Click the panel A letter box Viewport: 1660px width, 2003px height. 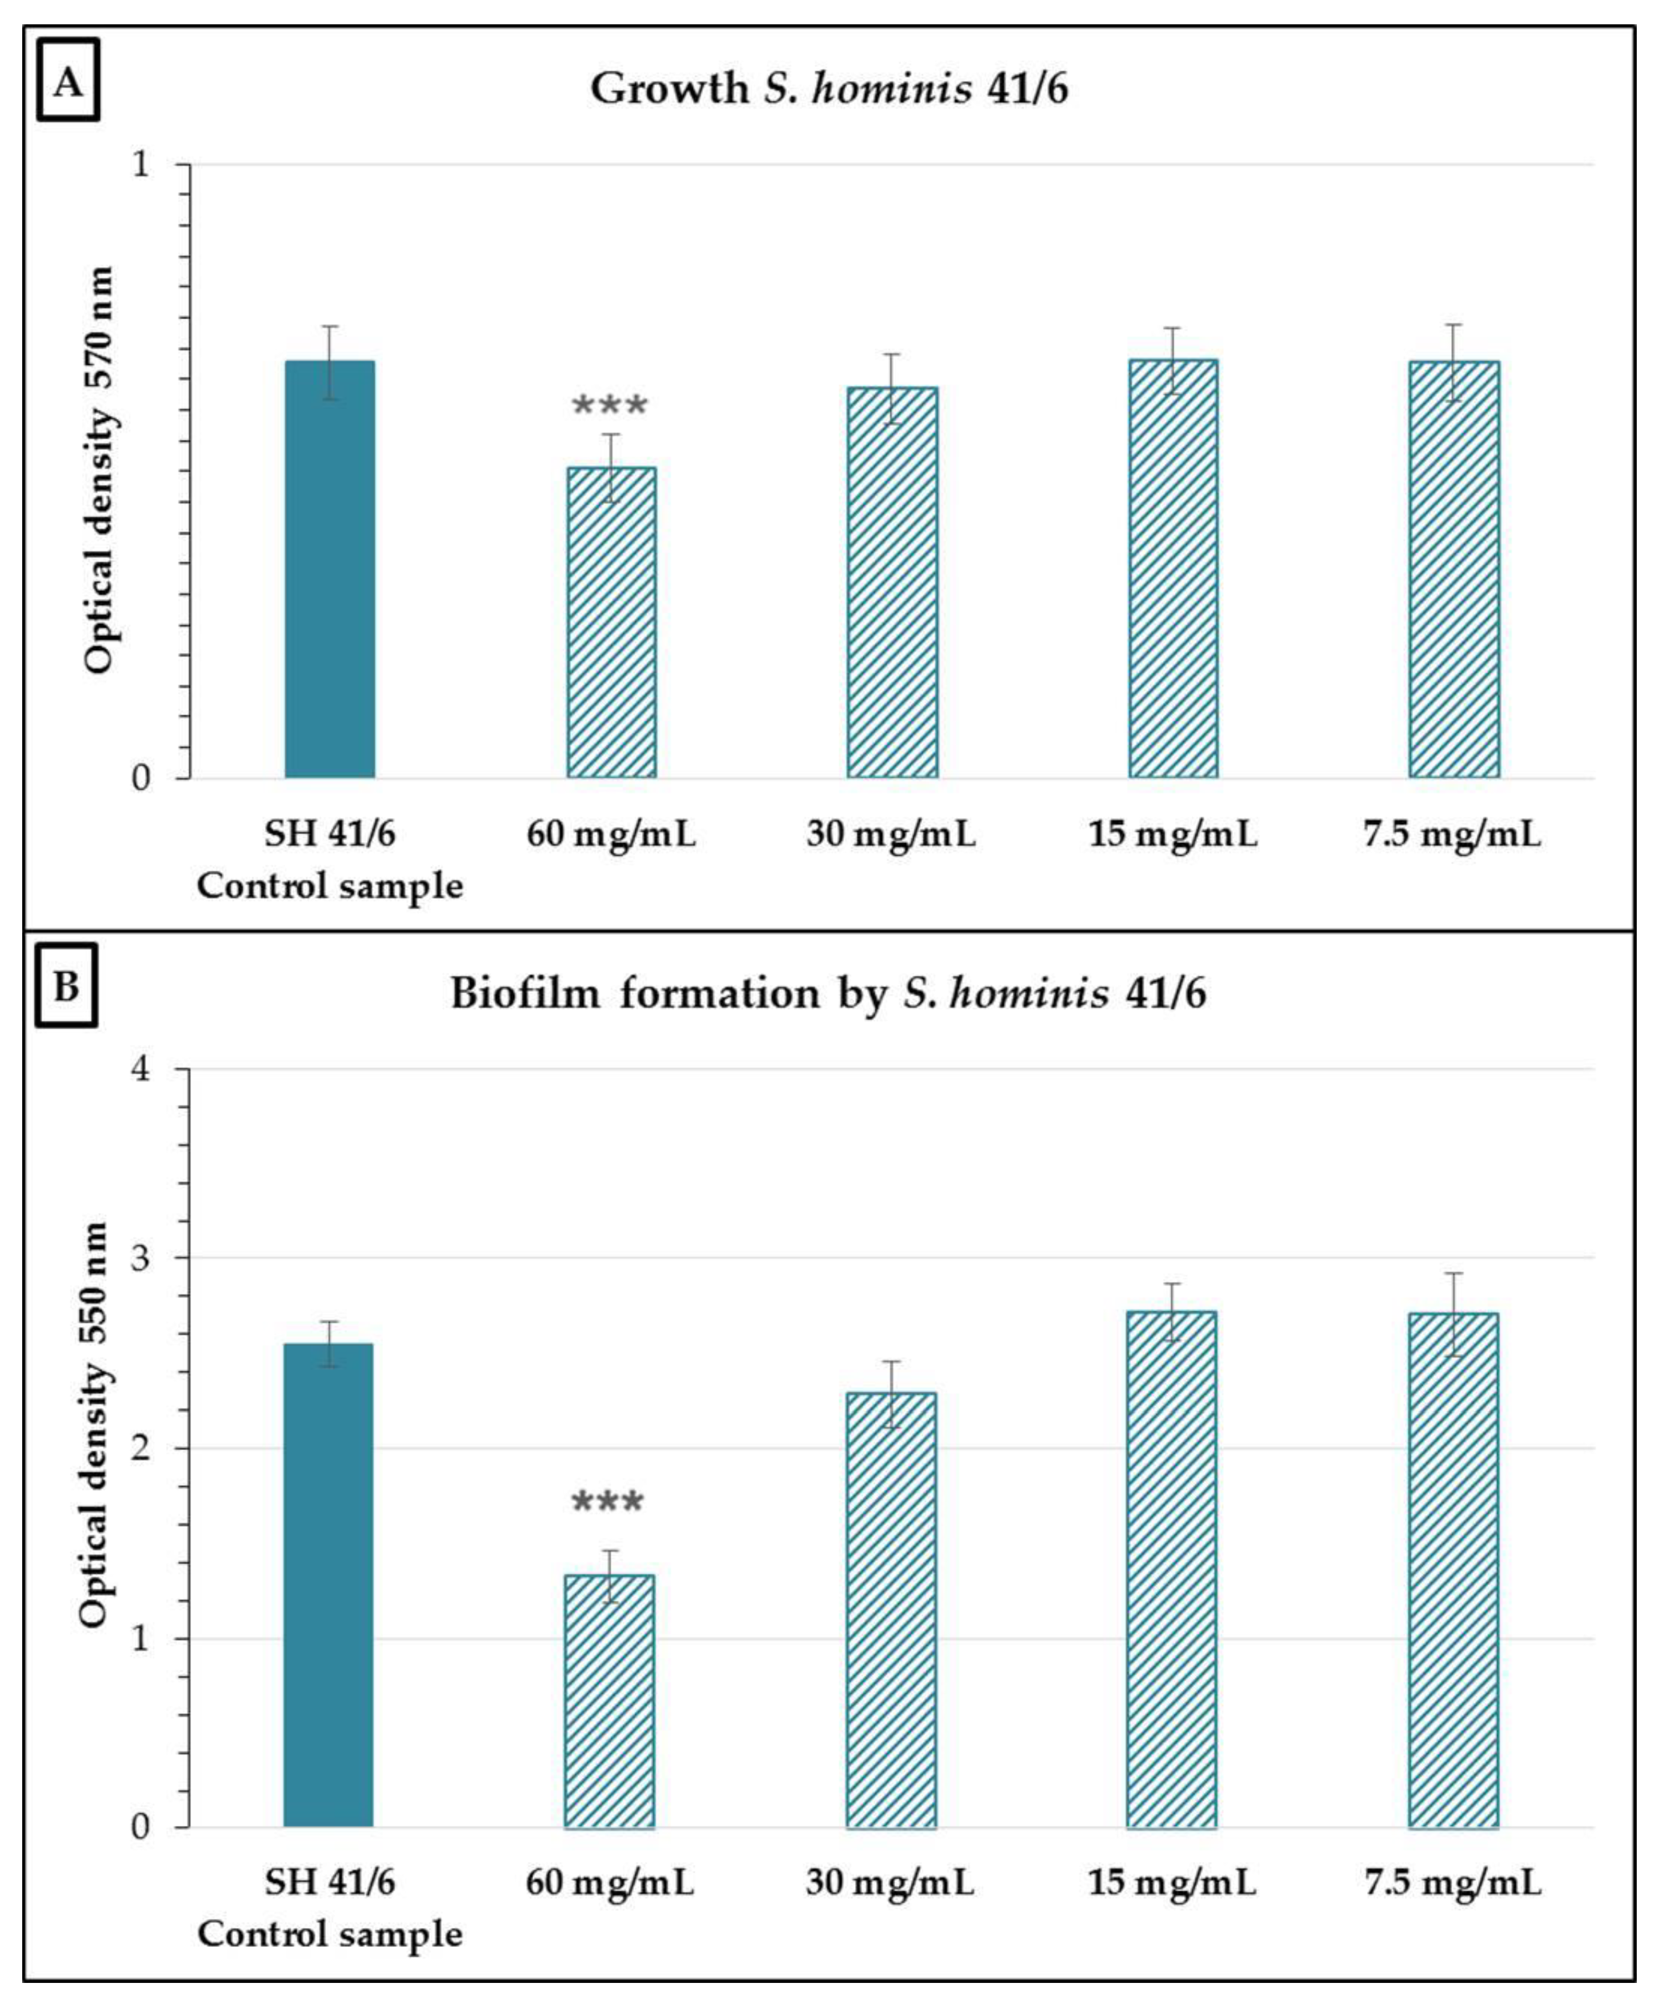[x=68, y=80]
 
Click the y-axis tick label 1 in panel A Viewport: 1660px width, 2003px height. [x=142, y=164]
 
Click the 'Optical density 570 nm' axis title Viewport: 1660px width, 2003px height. [x=98, y=470]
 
